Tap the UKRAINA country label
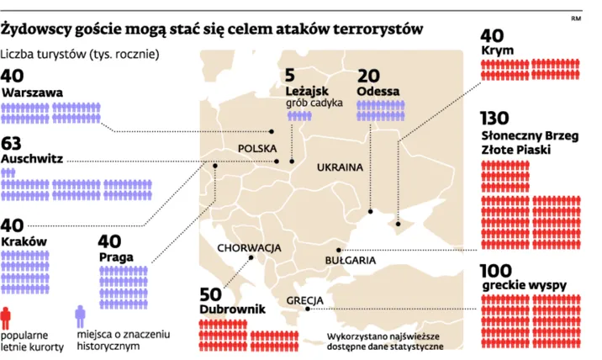[x=340, y=167]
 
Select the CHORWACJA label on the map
[x=249, y=248]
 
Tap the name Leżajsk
[x=308, y=91]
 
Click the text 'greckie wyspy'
[x=525, y=284]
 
